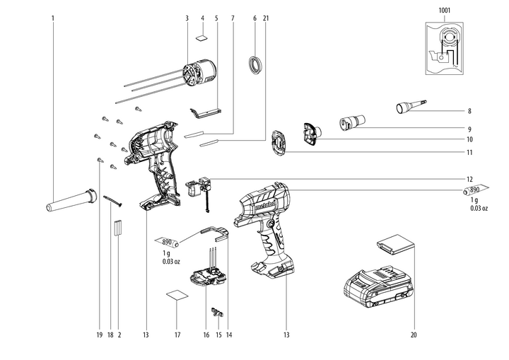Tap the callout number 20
414,334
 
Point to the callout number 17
177,334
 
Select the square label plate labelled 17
177,297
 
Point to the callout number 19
100,334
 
